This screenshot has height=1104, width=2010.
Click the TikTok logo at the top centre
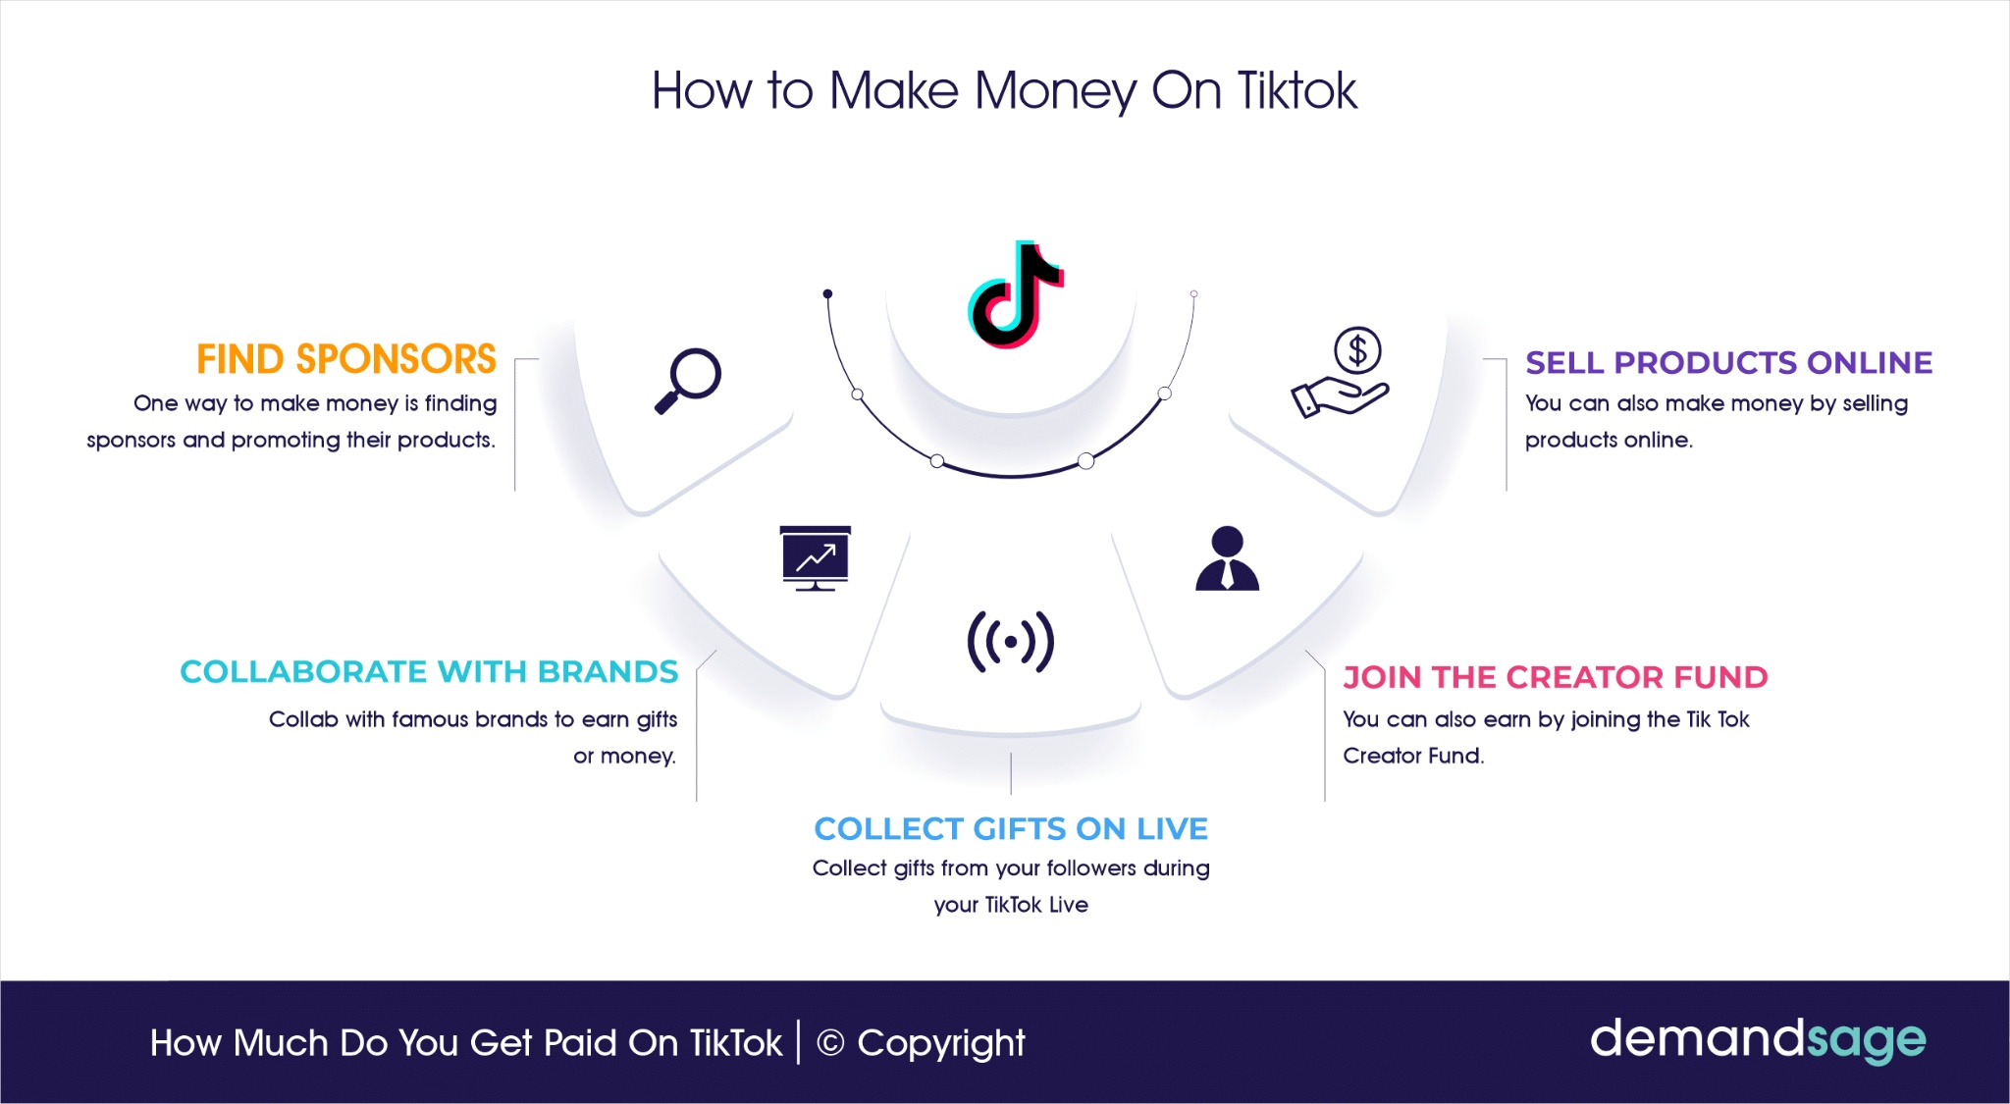coord(1015,294)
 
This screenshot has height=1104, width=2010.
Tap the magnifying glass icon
coord(688,381)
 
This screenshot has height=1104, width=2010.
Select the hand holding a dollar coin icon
coord(1341,373)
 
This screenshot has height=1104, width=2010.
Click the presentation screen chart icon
coord(816,558)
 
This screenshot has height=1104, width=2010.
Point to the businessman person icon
coord(1227,558)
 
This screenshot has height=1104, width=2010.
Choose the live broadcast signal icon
coord(1011,643)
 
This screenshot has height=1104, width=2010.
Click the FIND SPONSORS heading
coord(346,359)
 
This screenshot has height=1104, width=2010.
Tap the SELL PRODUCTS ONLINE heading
coord(1728,363)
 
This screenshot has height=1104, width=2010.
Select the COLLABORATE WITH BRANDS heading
coord(429,672)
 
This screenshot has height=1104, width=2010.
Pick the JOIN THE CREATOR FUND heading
coord(1556,677)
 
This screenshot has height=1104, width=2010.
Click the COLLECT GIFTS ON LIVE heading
coord(1011,829)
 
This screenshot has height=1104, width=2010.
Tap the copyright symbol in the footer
coord(830,1043)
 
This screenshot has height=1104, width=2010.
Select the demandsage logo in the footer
coord(1758,1040)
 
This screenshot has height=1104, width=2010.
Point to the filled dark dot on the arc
coord(827,293)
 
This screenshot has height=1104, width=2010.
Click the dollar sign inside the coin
coord(1357,349)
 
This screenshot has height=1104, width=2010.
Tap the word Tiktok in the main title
coord(1297,90)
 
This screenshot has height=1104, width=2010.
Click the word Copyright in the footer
coord(940,1044)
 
